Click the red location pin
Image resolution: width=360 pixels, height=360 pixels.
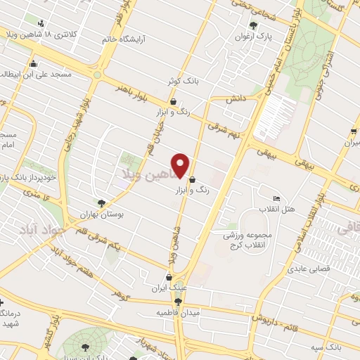point(181,166)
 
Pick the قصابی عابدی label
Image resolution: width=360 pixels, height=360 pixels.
point(304,267)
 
